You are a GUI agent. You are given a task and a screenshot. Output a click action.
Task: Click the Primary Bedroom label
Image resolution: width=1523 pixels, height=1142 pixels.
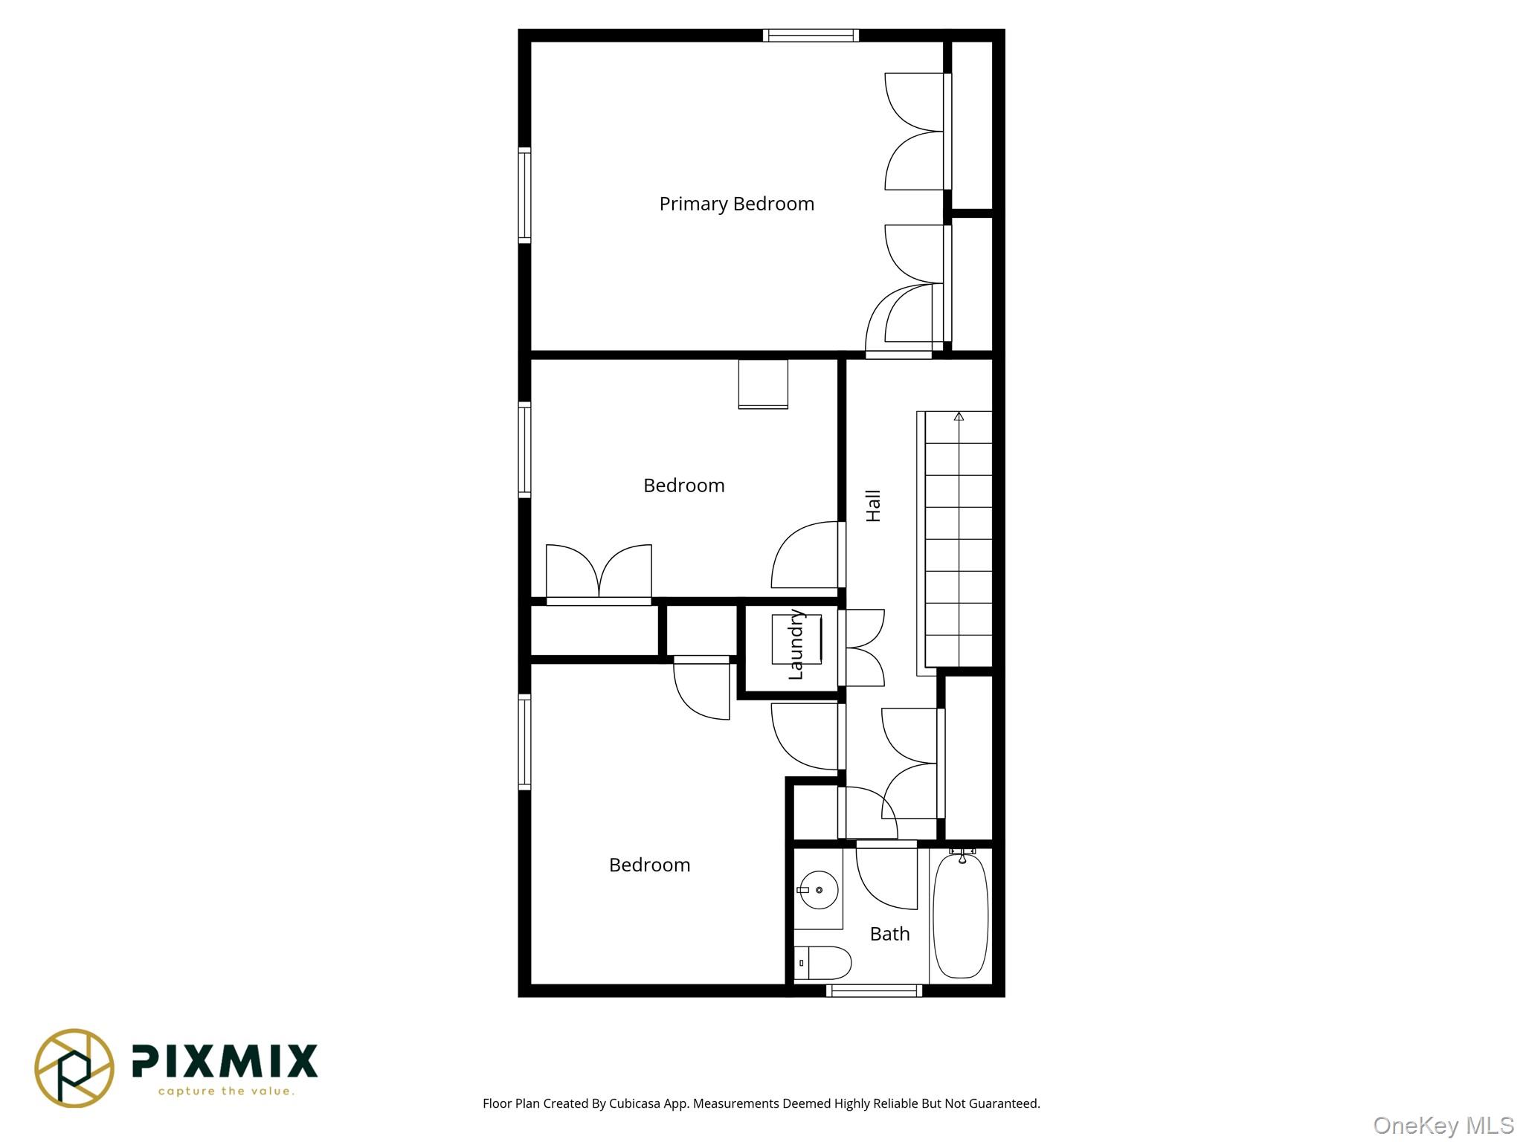pos(736,204)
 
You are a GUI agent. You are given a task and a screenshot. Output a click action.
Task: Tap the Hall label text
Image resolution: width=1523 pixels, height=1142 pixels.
pos(873,506)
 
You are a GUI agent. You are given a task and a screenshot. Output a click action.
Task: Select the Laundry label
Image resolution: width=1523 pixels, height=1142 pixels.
pos(796,644)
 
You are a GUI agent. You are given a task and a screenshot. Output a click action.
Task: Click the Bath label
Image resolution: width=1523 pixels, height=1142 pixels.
pos(889,934)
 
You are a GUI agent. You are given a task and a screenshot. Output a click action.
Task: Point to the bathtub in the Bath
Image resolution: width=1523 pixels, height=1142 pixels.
pos(961,917)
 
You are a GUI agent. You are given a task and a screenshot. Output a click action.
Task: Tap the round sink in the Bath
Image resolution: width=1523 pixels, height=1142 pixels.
pos(819,890)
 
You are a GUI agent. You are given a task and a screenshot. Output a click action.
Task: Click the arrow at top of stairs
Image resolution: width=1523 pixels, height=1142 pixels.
pos(959,416)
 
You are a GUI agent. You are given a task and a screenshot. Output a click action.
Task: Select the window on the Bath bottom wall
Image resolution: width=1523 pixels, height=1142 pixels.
pos(874,990)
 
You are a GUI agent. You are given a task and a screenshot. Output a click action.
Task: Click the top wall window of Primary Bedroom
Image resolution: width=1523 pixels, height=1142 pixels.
pos(811,35)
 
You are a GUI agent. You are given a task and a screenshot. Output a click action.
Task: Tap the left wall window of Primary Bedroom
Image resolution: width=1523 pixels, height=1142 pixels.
pos(524,196)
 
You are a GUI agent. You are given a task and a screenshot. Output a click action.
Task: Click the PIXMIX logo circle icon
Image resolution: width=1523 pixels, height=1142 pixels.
pos(74,1068)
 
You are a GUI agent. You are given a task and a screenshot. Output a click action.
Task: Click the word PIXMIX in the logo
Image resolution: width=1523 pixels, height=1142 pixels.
pos(225,1060)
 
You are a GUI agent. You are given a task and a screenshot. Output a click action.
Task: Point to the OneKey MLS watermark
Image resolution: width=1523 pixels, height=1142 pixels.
pos(1443,1125)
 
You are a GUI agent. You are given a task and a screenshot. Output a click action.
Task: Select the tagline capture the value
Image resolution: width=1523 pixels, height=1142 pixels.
pos(226,1091)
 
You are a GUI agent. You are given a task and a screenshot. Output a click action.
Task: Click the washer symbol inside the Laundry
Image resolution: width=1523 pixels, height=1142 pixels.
pos(796,639)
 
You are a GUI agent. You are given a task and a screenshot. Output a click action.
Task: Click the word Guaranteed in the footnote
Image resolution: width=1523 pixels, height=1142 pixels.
pos(1004,1103)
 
